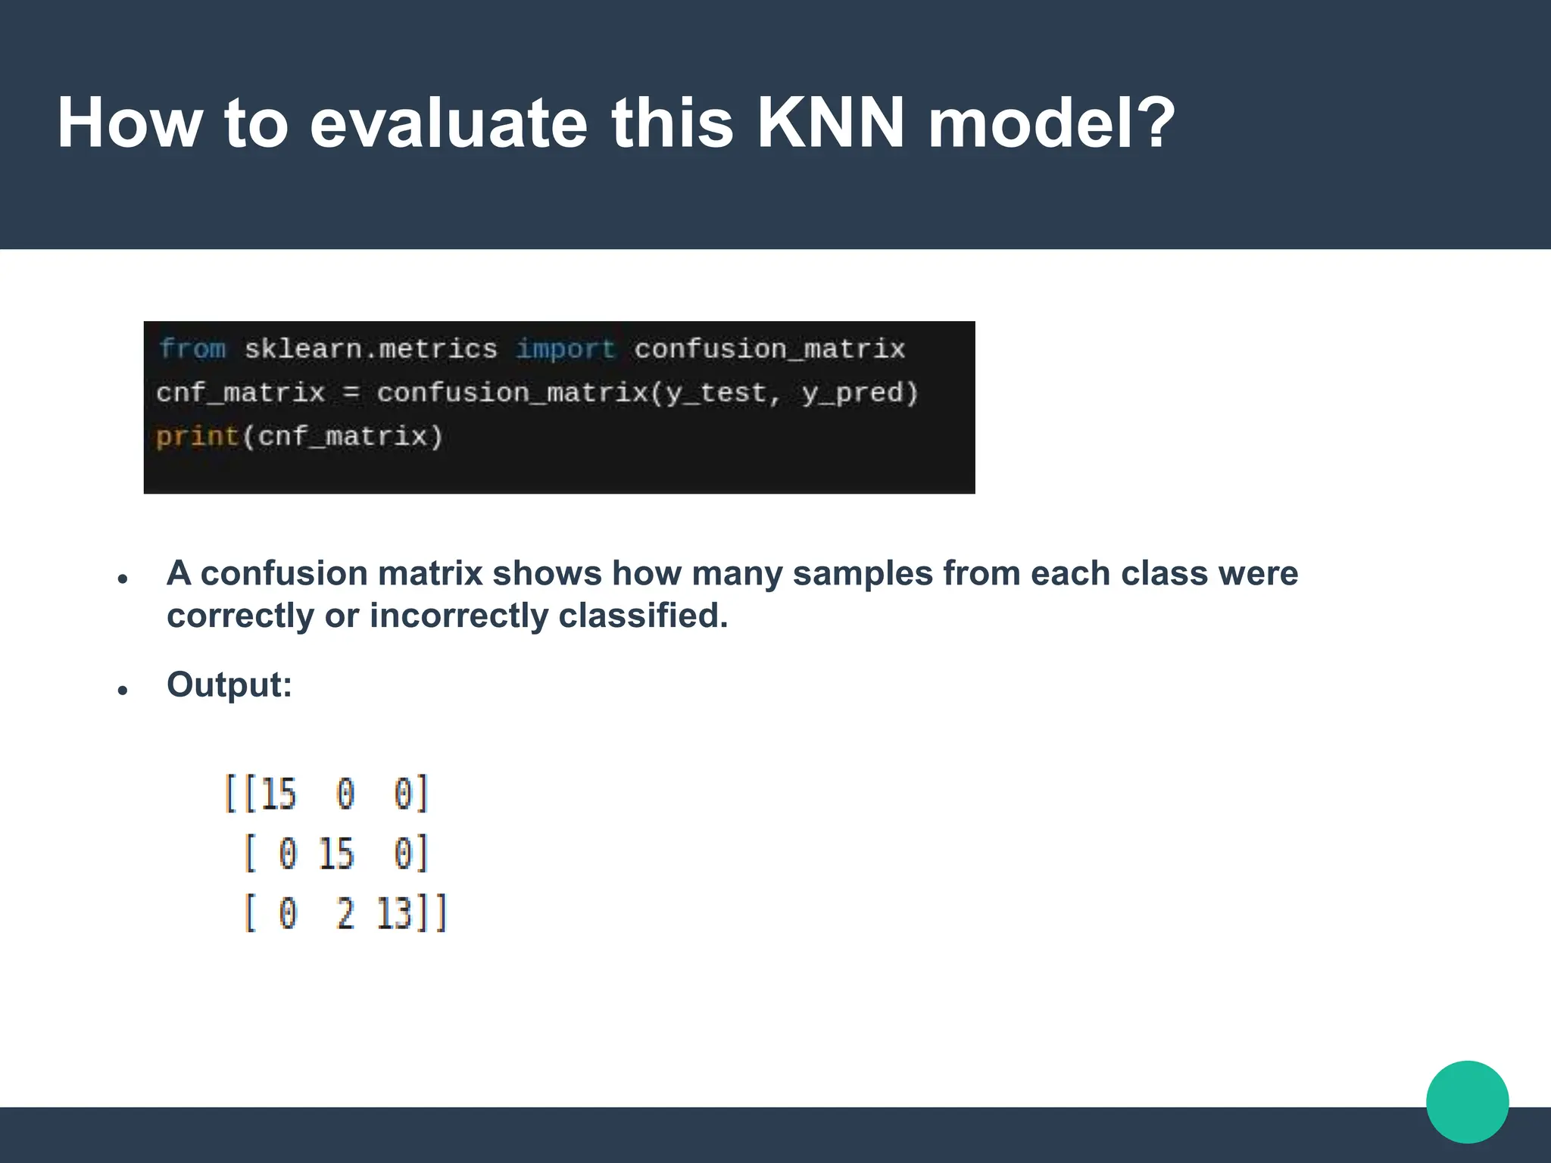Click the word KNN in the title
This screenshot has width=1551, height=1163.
pos(830,123)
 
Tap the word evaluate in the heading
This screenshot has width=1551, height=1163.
pos(448,123)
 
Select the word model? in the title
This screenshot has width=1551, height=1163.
pos(1051,123)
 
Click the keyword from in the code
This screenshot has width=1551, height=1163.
pos(192,349)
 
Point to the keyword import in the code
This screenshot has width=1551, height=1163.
pos(565,349)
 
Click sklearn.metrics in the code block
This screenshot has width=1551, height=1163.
pos(370,349)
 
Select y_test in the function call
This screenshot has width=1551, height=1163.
pos(716,393)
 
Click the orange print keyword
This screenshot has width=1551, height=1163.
pos(197,437)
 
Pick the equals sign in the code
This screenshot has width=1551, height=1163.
pos(351,393)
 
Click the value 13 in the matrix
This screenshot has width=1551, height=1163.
pos(394,913)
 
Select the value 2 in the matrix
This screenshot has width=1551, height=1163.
pos(345,913)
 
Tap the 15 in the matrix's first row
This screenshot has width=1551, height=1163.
pos(278,794)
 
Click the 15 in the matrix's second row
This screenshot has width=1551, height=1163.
pos(335,853)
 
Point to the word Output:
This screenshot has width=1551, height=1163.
pos(229,684)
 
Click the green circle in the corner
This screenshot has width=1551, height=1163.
pos(1467,1102)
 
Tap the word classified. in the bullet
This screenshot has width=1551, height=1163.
pos(643,616)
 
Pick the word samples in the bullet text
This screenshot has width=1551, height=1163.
pos(863,573)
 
